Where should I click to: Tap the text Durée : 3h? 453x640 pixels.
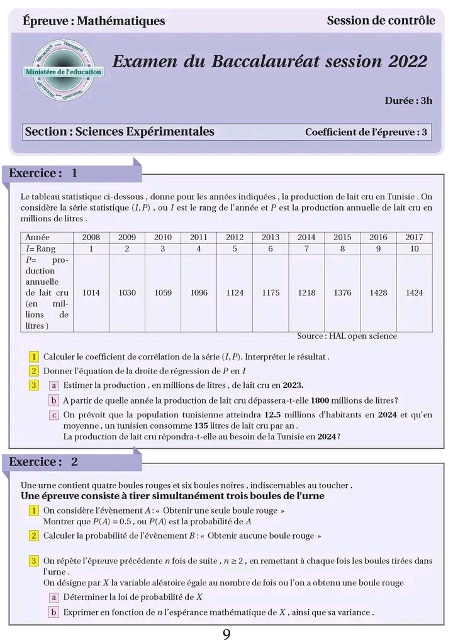(408, 101)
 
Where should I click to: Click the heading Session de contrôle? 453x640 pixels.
(381, 20)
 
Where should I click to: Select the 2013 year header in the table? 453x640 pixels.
(271, 237)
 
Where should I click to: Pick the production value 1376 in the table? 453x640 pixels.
(342, 293)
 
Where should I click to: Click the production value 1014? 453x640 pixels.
(91, 293)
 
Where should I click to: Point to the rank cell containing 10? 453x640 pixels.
(414, 249)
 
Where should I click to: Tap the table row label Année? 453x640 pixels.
(37, 237)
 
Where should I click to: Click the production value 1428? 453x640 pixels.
(378, 293)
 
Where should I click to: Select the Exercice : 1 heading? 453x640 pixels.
(43, 173)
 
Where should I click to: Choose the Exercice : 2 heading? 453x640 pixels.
(43, 461)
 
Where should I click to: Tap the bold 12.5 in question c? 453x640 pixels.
(272, 414)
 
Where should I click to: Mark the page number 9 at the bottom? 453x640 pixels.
(226, 633)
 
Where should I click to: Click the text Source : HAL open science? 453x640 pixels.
(347, 336)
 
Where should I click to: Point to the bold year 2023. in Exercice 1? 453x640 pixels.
(293, 385)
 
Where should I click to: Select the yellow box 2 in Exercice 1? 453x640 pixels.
(34, 371)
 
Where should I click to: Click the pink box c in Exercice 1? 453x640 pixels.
(54, 415)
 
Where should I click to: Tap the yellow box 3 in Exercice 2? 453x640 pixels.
(34, 560)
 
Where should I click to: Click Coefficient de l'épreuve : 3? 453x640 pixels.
(366, 132)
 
